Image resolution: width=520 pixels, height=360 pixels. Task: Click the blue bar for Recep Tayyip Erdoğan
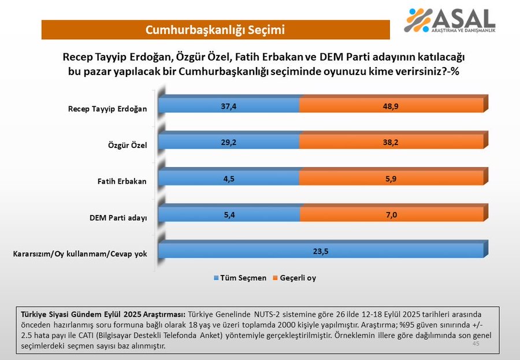(229, 105)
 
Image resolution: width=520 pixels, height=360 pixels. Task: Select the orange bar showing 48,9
(391, 105)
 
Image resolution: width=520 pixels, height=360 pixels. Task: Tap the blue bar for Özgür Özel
(229, 142)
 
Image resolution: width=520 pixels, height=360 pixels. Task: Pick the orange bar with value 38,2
(391, 142)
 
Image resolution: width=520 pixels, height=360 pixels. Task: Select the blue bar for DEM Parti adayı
(229, 214)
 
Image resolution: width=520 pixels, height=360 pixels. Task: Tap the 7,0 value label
(391, 214)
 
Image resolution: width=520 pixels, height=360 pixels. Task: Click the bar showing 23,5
(321, 251)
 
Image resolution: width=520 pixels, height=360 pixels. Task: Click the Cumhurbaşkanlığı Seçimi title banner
(215, 29)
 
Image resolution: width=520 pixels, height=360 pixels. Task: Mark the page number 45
(476, 343)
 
